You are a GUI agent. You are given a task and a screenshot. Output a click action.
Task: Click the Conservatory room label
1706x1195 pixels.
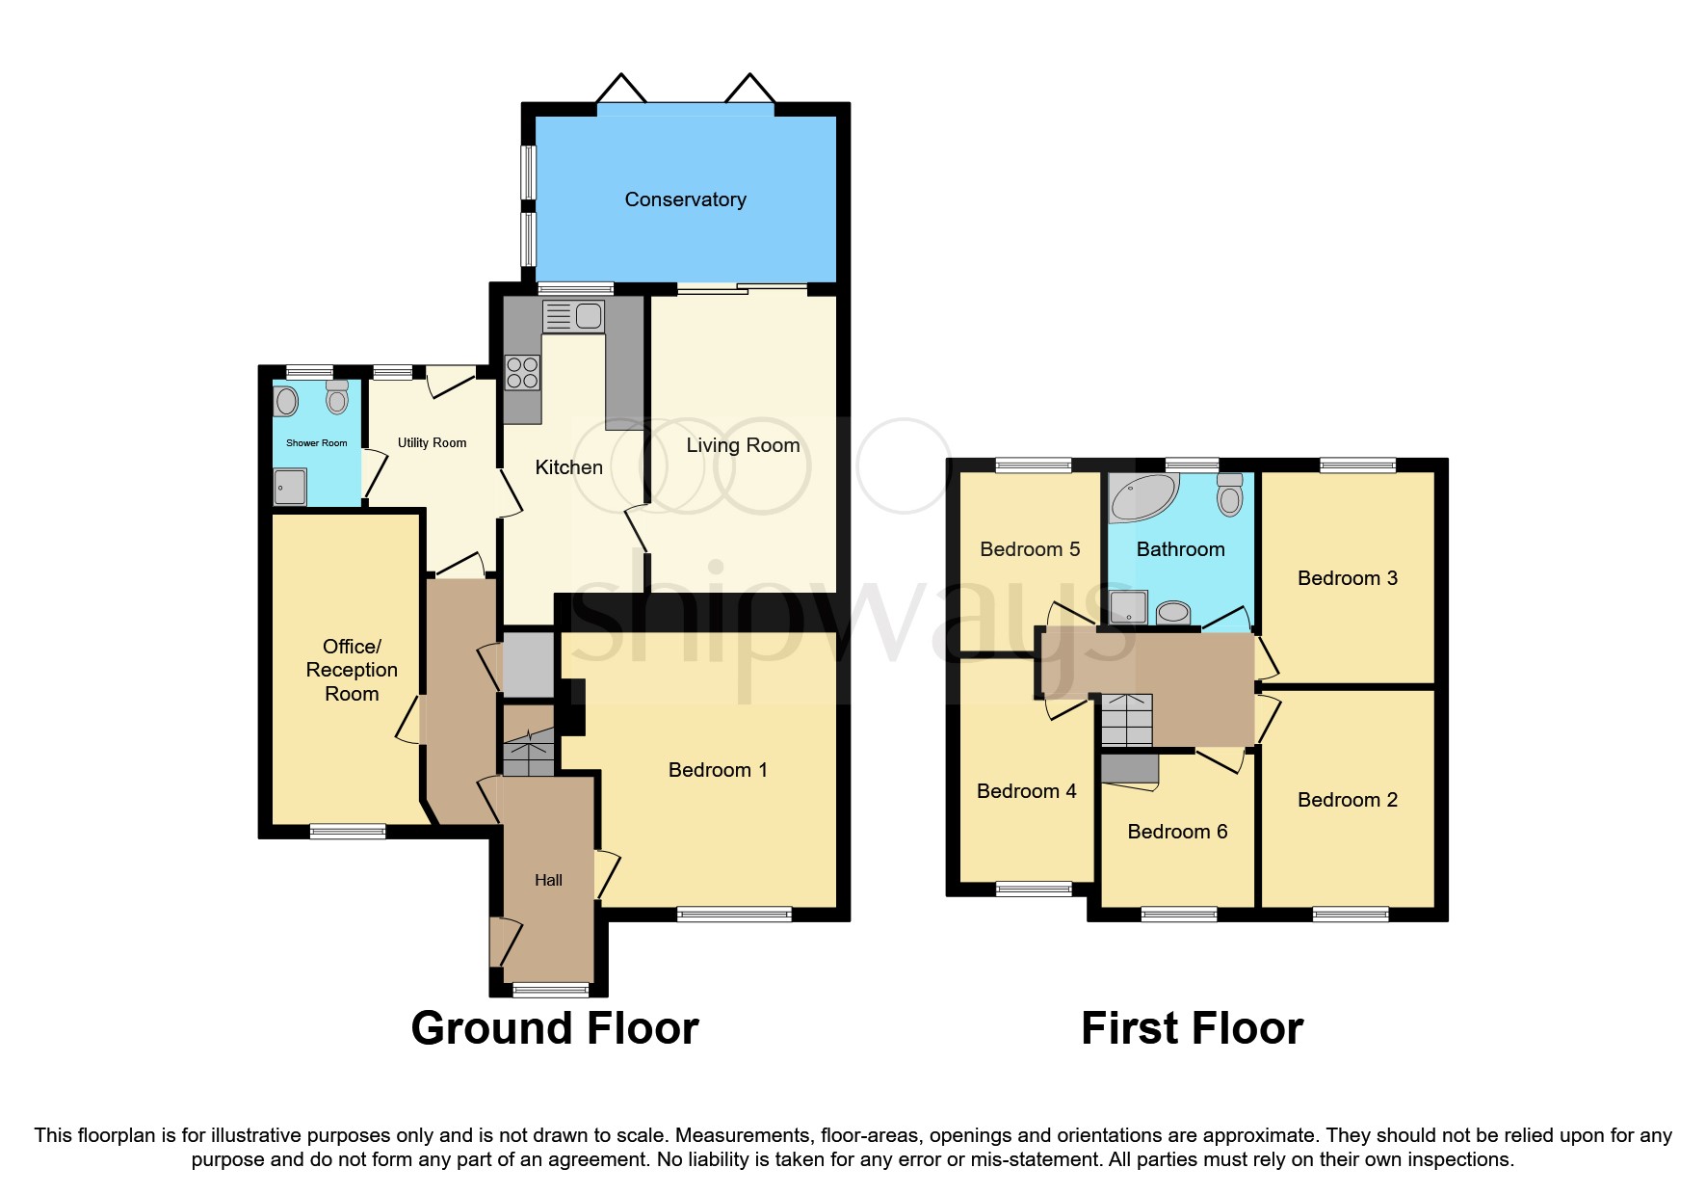tap(685, 199)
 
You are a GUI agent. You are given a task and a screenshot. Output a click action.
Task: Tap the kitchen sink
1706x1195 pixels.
tap(574, 316)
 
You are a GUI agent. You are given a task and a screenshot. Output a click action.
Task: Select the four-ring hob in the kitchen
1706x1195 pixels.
tap(522, 373)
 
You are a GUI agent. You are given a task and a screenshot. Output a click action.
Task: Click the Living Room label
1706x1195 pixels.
tap(743, 445)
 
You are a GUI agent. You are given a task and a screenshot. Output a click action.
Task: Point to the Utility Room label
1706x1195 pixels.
tap(432, 442)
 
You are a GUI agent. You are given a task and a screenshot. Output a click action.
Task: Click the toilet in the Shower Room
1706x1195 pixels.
tap(336, 397)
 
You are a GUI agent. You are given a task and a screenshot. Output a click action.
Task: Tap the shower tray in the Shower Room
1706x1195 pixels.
tap(290, 487)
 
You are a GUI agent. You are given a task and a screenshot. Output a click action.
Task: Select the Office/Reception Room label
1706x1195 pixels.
tap(352, 670)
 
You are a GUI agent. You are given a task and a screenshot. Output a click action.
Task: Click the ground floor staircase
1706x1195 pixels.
tap(529, 754)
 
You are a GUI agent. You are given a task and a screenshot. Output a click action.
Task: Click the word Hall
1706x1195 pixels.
tap(548, 880)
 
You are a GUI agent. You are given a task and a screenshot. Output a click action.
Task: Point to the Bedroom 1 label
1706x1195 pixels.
tap(718, 770)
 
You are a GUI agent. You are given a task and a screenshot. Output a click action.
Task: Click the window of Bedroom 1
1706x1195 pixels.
tap(734, 914)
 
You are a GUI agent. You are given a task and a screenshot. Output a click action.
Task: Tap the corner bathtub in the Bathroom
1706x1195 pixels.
tap(1142, 497)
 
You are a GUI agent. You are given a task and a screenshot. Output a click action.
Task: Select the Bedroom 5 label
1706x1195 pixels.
tap(1030, 549)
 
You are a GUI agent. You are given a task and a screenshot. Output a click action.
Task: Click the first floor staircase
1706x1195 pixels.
tap(1126, 720)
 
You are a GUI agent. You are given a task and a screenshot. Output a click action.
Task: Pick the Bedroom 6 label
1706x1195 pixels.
tap(1177, 832)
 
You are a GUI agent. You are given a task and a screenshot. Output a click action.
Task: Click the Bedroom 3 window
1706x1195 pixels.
tap(1357, 465)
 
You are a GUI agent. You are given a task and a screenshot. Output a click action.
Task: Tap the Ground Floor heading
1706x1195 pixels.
tap(555, 1028)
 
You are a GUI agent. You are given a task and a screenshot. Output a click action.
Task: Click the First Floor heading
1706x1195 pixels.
tap(1192, 1028)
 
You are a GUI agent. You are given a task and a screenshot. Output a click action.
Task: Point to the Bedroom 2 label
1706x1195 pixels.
tap(1347, 800)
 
